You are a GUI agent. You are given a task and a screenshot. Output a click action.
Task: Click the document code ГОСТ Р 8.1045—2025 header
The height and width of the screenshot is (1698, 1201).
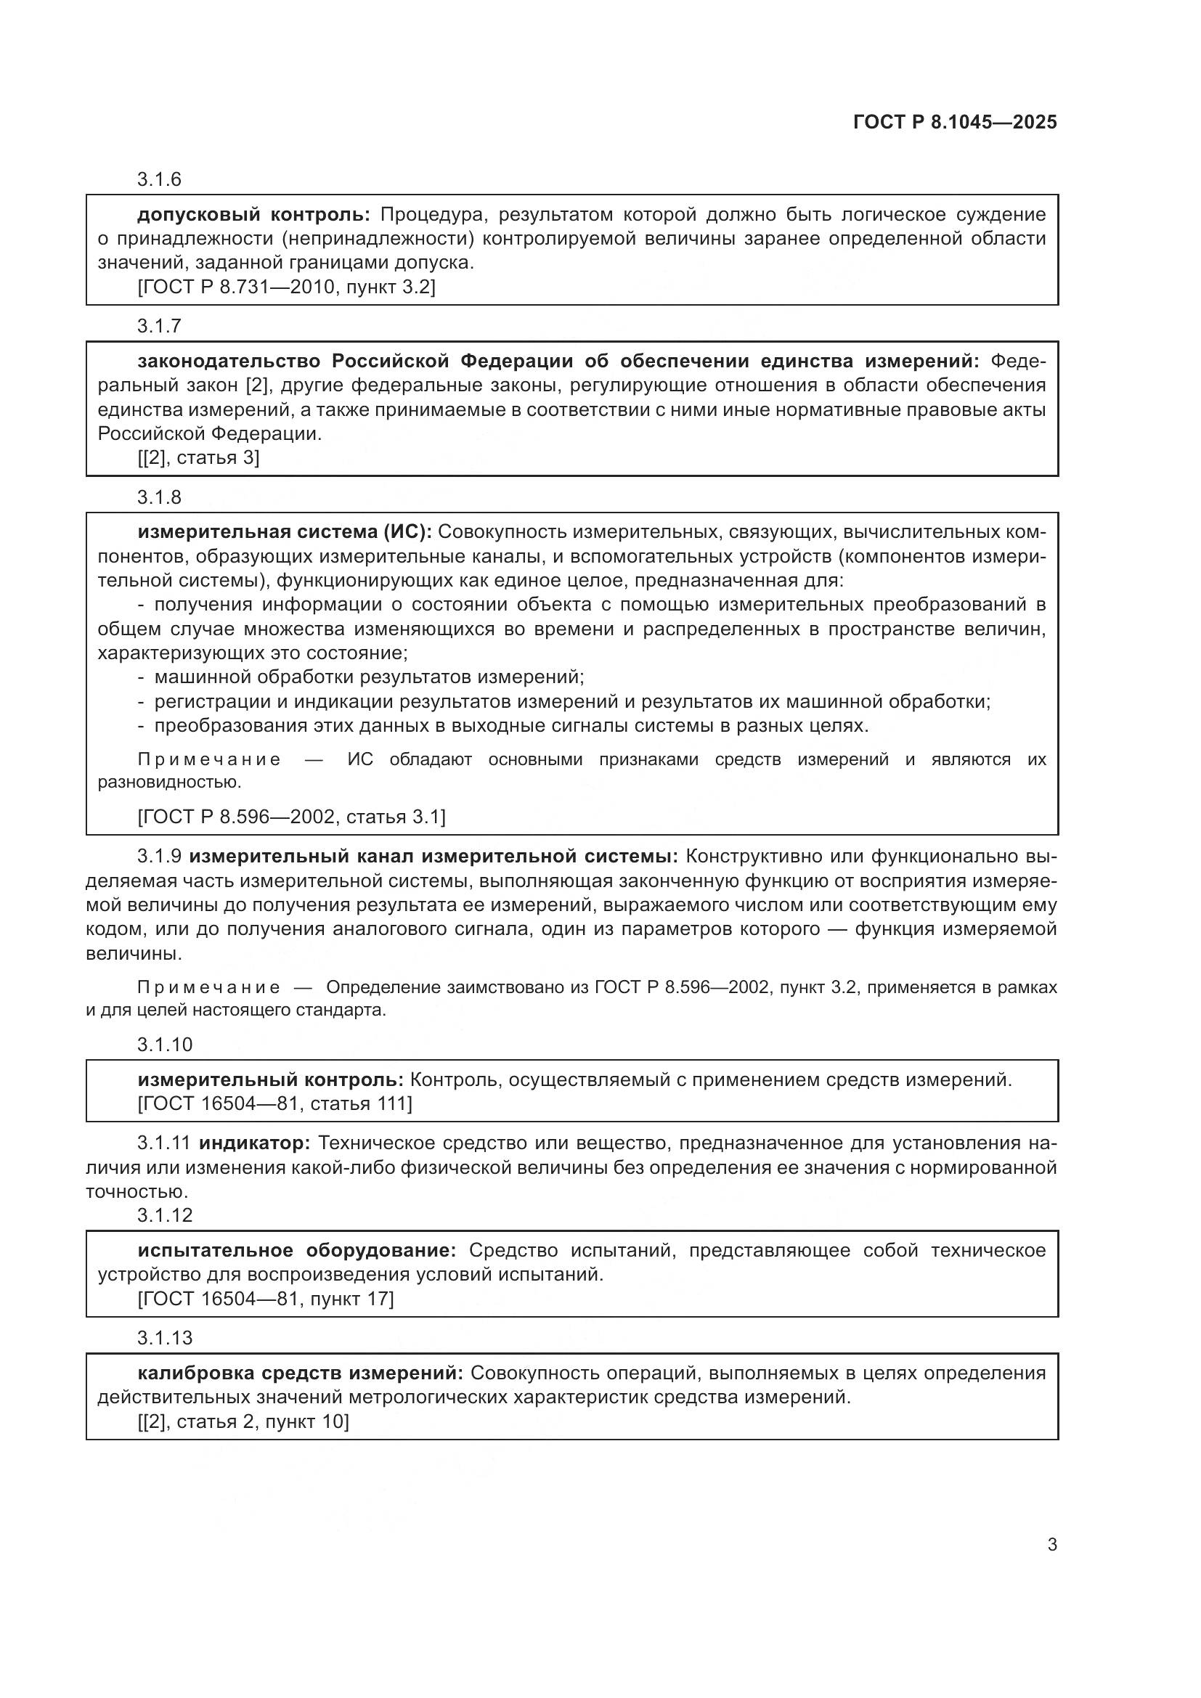pos(955,122)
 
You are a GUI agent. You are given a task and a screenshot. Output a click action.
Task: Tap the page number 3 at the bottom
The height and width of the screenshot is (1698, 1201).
pos(1051,1544)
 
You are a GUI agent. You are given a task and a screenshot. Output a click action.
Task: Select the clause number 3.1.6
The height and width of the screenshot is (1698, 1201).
pos(159,180)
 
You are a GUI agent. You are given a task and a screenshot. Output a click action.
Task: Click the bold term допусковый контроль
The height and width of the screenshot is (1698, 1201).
pos(253,215)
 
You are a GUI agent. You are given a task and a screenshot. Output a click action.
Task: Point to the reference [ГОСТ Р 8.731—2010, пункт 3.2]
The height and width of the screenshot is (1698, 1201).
pos(286,287)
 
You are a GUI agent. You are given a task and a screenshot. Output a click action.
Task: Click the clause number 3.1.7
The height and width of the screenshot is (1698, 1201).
pos(159,326)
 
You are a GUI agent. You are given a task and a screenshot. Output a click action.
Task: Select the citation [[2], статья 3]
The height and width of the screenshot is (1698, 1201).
pos(198,458)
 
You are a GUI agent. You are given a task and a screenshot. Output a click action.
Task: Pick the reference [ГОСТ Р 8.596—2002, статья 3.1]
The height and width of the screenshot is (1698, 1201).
pos(291,817)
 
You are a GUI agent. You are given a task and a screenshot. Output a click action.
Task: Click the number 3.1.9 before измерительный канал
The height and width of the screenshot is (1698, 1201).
pos(159,857)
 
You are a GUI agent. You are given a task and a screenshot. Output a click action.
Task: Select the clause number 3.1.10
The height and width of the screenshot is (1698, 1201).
pos(164,1044)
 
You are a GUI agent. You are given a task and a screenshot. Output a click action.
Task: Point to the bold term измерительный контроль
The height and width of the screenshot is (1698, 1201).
pos(271,1079)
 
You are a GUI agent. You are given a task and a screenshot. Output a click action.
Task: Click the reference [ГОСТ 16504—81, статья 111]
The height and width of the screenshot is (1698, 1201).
pos(274,1103)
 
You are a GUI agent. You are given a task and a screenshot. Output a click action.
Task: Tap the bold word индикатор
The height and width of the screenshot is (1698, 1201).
pos(254,1143)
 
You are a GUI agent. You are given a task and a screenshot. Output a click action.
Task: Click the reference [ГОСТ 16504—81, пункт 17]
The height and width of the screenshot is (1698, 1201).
pos(266,1299)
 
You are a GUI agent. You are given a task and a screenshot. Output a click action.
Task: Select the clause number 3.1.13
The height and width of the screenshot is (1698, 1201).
pos(164,1338)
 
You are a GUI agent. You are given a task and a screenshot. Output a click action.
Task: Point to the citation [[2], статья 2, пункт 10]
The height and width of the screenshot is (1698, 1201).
pos(243,1421)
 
